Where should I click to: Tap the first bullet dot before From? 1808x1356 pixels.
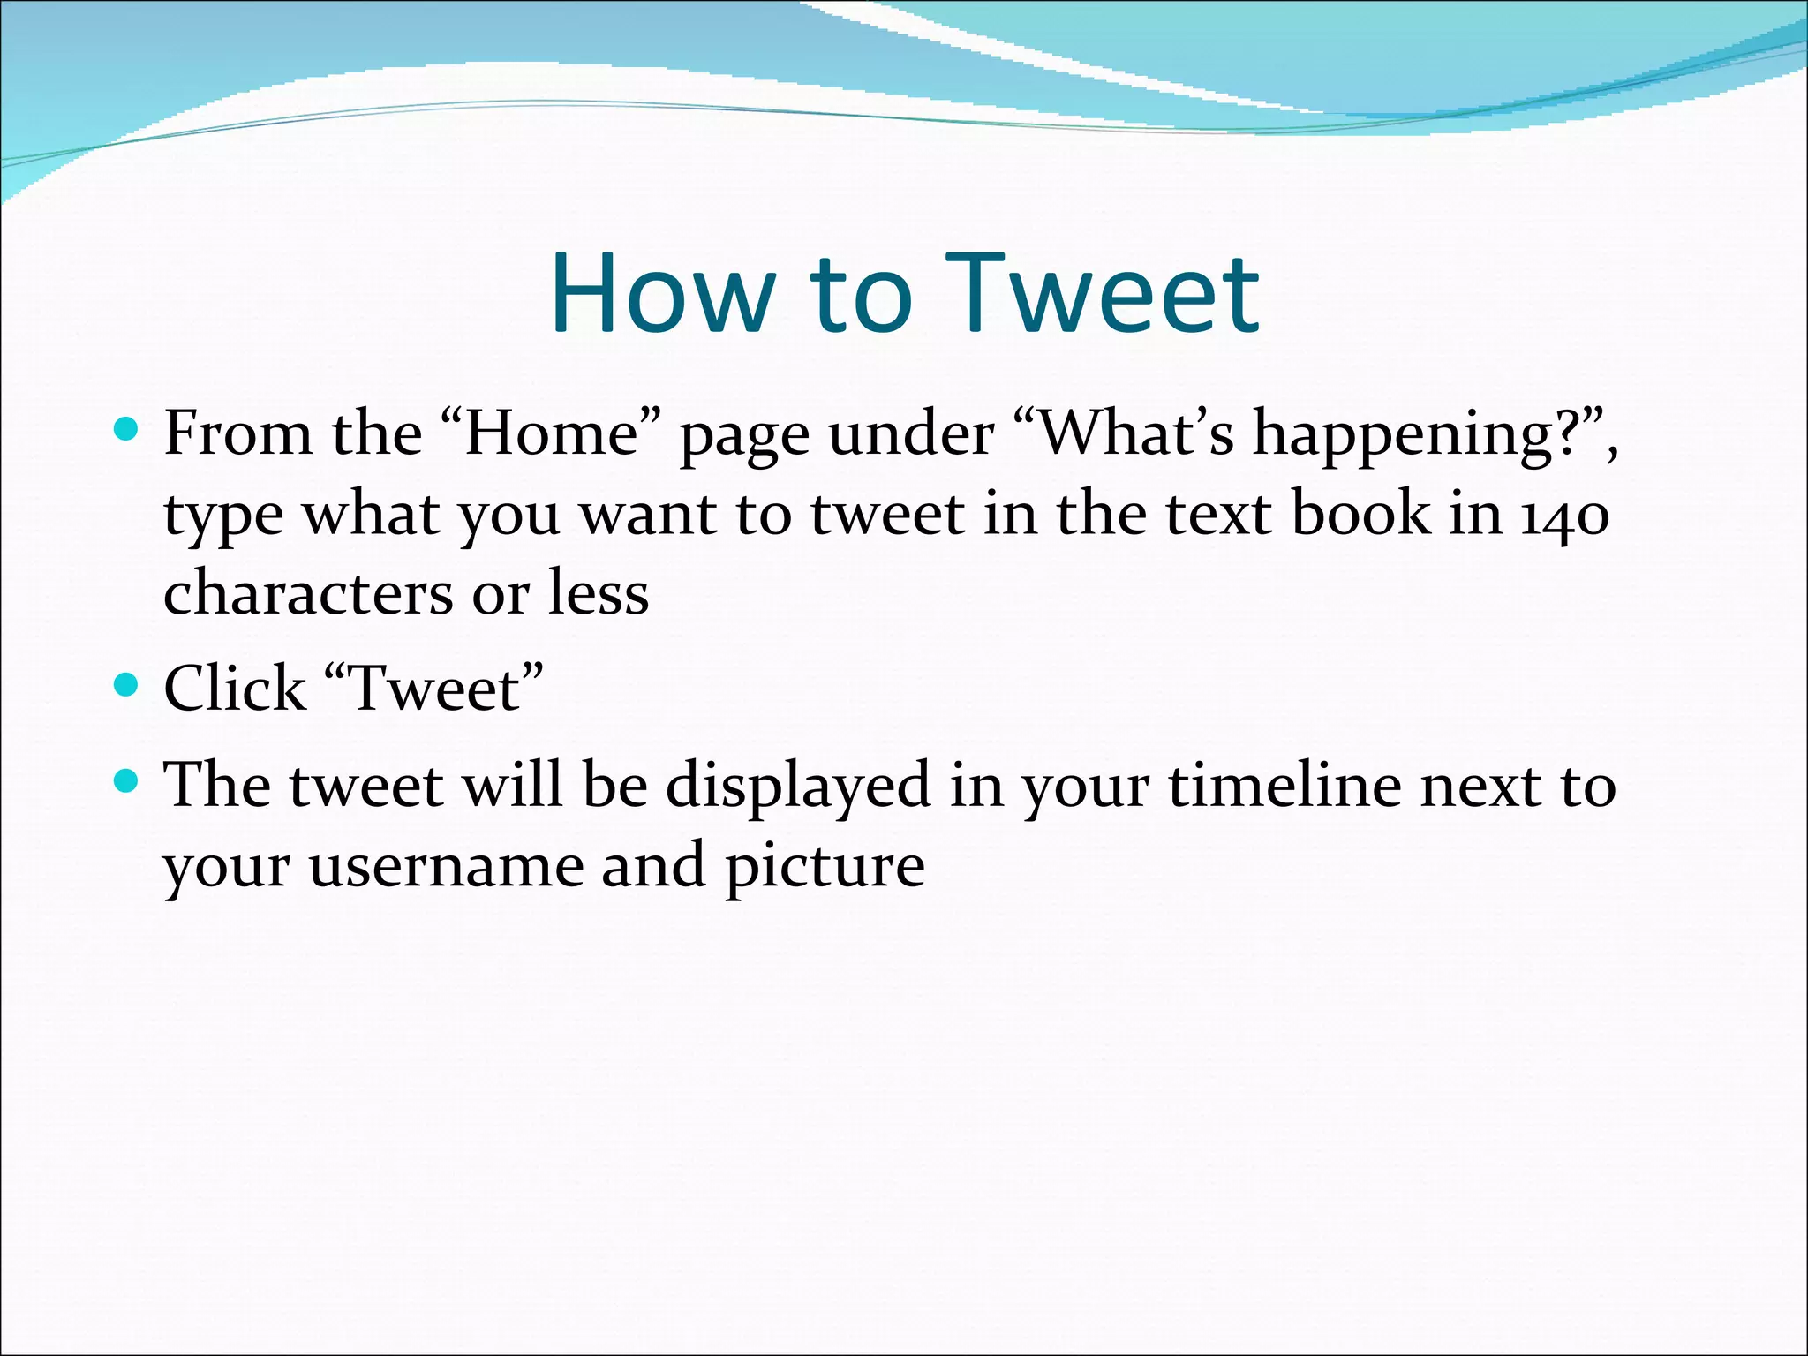(x=127, y=430)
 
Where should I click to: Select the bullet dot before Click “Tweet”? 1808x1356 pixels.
(x=127, y=685)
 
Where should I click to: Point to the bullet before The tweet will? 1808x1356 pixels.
(x=127, y=780)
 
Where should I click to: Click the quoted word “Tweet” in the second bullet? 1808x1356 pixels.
(x=433, y=688)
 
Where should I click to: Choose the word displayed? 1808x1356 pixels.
(x=797, y=785)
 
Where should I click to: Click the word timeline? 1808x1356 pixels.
(x=1284, y=785)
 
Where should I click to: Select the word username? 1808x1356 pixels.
(x=445, y=866)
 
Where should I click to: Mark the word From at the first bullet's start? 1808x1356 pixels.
(x=237, y=433)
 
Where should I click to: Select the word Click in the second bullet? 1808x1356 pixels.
(x=235, y=688)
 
